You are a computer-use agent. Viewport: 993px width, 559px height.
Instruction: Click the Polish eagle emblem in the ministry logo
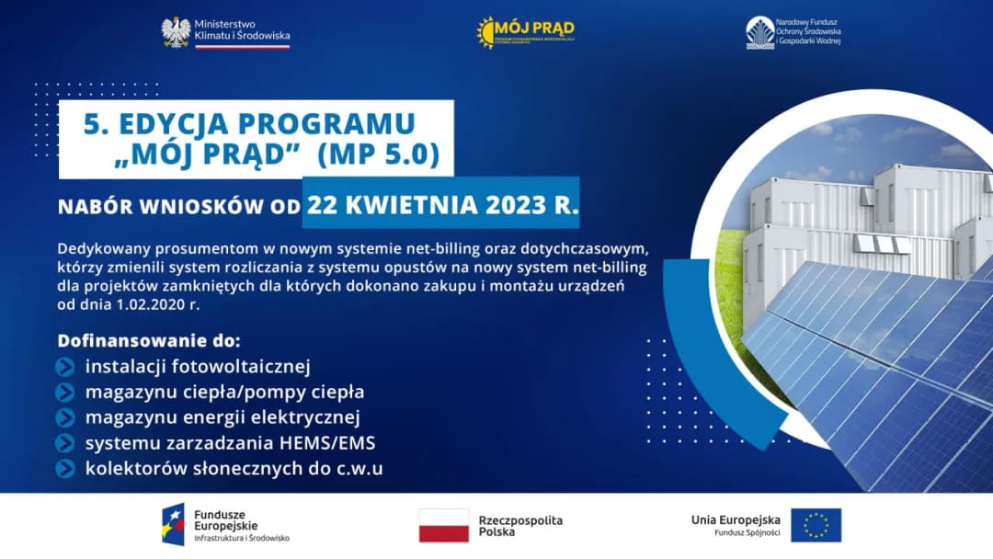tap(176, 32)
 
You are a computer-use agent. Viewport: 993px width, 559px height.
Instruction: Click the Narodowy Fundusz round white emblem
tap(759, 32)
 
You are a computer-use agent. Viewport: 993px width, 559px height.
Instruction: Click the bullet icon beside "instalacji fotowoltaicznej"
tap(65, 367)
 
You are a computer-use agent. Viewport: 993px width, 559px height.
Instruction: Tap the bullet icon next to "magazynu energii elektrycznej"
tap(65, 417)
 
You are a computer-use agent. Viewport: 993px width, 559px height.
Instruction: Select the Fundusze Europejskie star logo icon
tap(172, 524)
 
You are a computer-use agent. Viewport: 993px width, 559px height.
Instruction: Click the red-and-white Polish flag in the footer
tap(444, 526)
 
